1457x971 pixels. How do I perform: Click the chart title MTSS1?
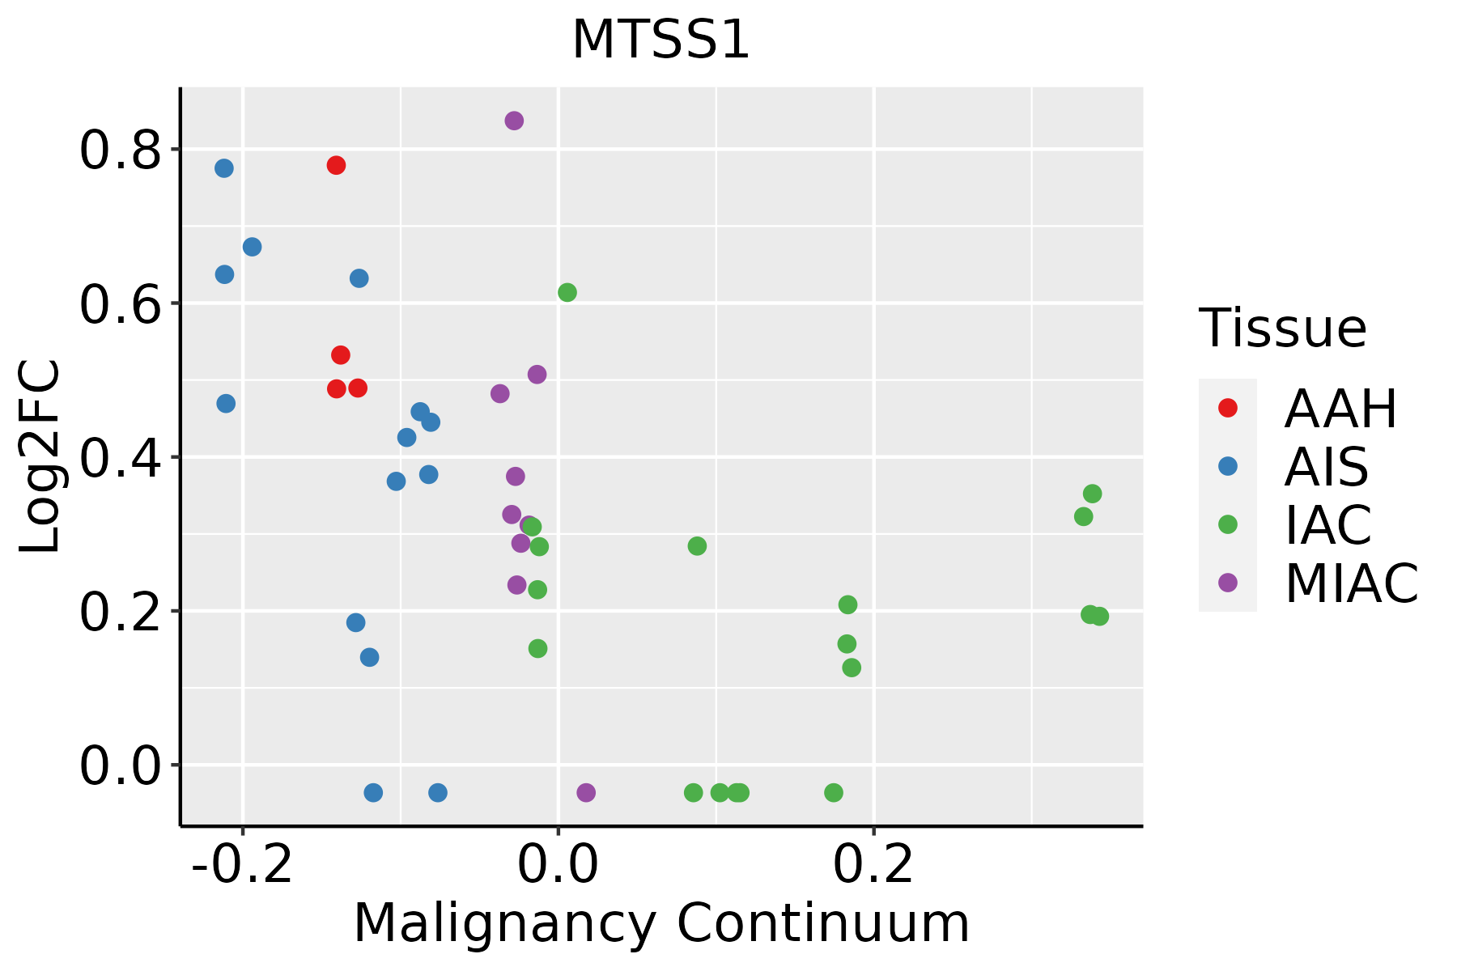coord(661,40)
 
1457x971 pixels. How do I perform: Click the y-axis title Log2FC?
coord(40,456)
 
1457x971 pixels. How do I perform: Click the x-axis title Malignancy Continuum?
coord(661,923)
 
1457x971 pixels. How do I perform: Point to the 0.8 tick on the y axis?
coord(120,151)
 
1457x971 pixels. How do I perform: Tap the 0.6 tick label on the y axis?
coord(120,304)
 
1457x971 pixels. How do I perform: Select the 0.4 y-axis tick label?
coord(120,458)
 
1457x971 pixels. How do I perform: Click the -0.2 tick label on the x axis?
coord(242,865)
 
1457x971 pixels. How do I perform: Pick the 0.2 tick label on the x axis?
coord(873,865)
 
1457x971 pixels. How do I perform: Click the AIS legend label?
coord(1326,467)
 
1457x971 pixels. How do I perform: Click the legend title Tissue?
coord(1283,329)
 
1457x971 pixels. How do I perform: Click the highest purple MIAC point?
coord(514,121)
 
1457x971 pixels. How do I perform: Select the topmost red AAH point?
coord(336,166)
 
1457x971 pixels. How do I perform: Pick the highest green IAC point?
coord(567,293)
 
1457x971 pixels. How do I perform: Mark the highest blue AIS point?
coord(224,168)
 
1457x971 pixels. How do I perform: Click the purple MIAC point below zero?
coord(586,792)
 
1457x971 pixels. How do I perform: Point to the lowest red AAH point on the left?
coord(337,389)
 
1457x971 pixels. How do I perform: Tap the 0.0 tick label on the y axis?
coord(120,766)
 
